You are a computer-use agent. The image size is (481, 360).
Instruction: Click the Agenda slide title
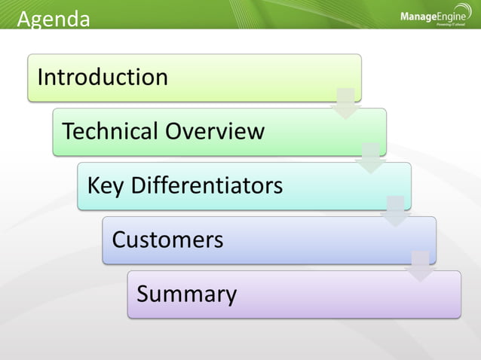click(53, 18)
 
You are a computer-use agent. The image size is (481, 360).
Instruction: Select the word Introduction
click(103, 78)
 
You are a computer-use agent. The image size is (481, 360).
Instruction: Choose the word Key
click(106, 185)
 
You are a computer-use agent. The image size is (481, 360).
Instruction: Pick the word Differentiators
click(207, 185)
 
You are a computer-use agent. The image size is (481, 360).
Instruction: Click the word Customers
click(167, 239)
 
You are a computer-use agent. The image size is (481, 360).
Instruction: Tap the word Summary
click(186, 294)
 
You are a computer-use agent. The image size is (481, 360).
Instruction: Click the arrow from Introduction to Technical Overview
click(346, 103)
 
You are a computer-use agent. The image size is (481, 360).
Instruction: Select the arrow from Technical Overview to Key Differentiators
click(371, 157)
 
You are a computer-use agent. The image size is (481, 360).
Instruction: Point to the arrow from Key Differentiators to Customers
click(396, 212)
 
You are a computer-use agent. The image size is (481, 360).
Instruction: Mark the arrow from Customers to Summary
click(421, 266)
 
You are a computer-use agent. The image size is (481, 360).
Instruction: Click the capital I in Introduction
click(41, 78)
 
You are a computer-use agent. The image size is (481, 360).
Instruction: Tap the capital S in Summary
click(143, 294)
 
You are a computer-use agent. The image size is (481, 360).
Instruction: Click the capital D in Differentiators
click(139, 185)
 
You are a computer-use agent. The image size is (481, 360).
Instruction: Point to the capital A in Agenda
click(23, 19)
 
